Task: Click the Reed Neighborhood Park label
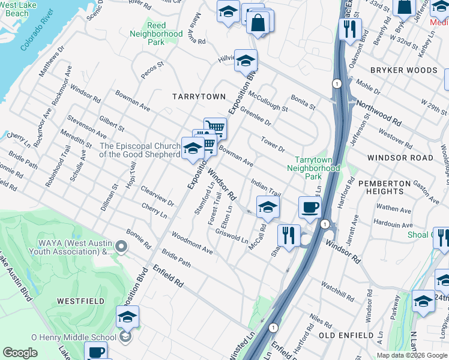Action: click(156, 34)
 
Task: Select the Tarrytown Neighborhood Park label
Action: click(318, 169)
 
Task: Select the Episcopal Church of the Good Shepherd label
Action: click(140, 150)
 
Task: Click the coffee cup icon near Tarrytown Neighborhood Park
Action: click(310, 208)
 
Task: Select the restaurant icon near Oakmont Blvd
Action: click(349, 28)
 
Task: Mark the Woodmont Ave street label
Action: click(192, 242)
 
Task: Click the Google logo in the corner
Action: click(20, 353)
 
